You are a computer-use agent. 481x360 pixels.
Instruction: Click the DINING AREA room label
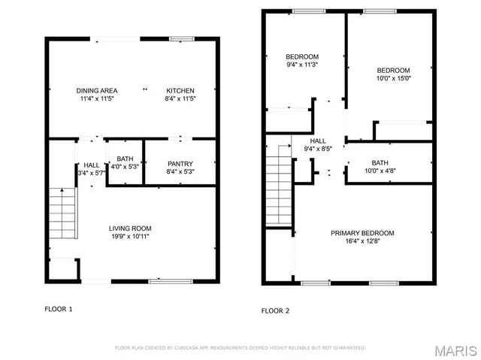point(95,90)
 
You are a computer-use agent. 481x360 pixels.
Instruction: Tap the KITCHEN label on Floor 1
point(180,90)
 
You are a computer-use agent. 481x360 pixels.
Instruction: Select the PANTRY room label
point(180,164)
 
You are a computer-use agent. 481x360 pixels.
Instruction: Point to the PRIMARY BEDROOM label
point(362,233)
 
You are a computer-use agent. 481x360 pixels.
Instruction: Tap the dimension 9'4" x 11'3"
point(302,65)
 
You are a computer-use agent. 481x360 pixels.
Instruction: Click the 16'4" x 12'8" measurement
point(362,241)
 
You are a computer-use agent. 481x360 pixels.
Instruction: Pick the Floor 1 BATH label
point(125,159)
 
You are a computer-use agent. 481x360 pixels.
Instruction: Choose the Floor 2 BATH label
point(380,163)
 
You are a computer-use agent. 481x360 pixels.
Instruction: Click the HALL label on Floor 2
point(318,141)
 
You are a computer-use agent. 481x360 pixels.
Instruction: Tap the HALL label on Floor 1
point(92,165)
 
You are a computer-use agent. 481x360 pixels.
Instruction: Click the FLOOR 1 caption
point(59,309)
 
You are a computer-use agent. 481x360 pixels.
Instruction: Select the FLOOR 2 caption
point(275,310)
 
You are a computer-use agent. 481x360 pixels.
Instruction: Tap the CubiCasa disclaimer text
point(240,348)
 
